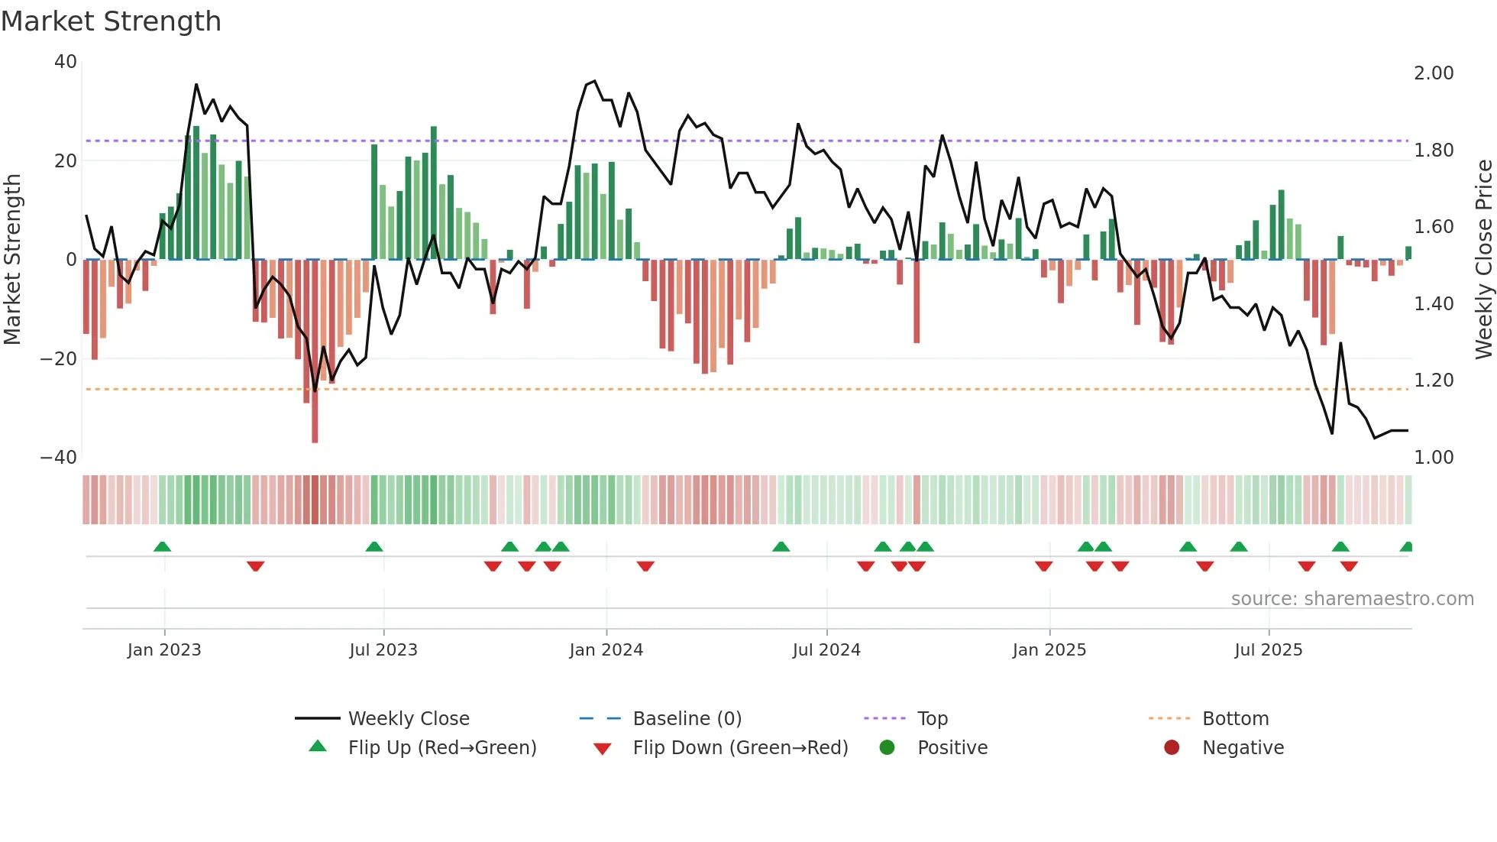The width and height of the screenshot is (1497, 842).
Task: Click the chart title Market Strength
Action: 111,21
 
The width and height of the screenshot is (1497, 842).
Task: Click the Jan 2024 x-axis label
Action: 606,650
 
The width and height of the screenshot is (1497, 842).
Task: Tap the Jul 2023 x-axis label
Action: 383,650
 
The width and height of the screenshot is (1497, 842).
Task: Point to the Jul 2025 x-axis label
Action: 1268,650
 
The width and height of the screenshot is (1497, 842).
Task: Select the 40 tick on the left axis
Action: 66,62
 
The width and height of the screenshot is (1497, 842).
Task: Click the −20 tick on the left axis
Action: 59,359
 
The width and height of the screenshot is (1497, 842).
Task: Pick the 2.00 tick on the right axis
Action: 1434,73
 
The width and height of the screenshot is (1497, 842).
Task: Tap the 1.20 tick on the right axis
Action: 1434,381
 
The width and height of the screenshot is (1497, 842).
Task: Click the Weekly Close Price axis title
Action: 1483,260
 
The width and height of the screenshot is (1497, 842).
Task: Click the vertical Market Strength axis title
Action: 12,260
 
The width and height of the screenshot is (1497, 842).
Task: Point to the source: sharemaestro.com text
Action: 1352,599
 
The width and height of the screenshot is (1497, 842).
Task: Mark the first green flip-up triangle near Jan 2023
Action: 162,547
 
